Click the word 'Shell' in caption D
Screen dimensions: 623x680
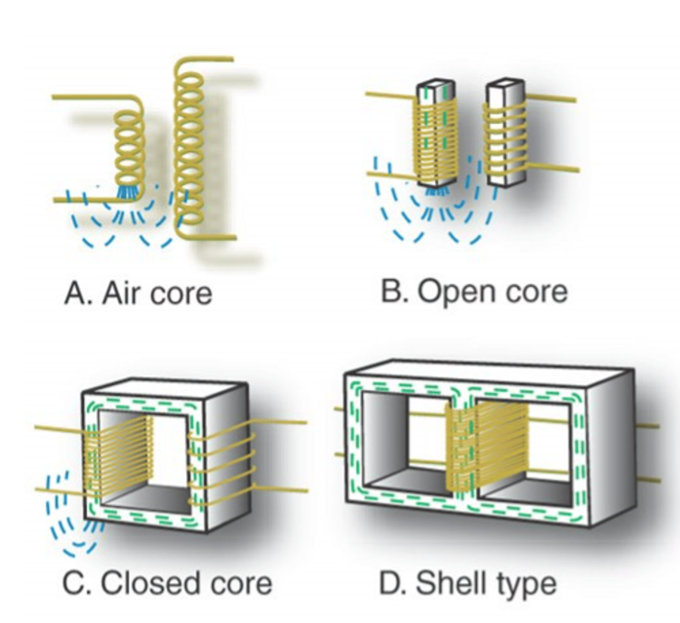coord(446,583)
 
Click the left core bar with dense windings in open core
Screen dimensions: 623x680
coord(436,135)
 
